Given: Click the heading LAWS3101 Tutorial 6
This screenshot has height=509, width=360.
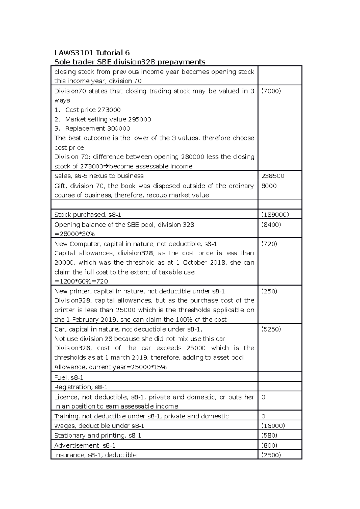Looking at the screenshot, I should pyautogui.click(x=92, y=53).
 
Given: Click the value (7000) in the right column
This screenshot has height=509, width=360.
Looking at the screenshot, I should pyautogui.click(x=271, y=91).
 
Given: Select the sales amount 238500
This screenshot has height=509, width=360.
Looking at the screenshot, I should pyautogui.click(x=273, y=176).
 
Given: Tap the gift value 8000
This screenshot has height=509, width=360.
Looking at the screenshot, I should pyautogui.click(x=269, y=186).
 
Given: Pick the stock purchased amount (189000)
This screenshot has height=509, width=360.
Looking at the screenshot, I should pyautogui.click(x=275, y=215).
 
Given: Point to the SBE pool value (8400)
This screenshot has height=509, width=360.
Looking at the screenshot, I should pyautogui.click(x=271, y=225).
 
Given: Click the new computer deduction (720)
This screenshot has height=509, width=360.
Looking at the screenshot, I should pyautogui.click(x=269, y=244).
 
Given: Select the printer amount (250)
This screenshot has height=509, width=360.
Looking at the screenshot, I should pyautogui.click(x=269, y=291).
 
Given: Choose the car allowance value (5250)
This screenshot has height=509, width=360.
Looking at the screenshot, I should pyautogui.click(x=271, y=329).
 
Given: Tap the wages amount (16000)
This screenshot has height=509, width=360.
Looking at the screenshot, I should pyautogui.click(x=273, y=426).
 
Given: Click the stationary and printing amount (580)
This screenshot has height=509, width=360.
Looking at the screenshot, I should pyautogui.click(x=269, y=436).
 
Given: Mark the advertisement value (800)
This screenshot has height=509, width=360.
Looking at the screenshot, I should pyautogui.click(x=269, y=445).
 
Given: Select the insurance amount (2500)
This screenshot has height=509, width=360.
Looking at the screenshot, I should pyautogui.click(x=271, y=455).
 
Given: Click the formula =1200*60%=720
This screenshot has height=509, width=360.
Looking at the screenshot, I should pyautogui.click(x=81, y=281).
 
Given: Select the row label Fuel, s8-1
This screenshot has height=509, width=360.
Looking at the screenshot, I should pyautogui.click(x=69, y=378).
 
